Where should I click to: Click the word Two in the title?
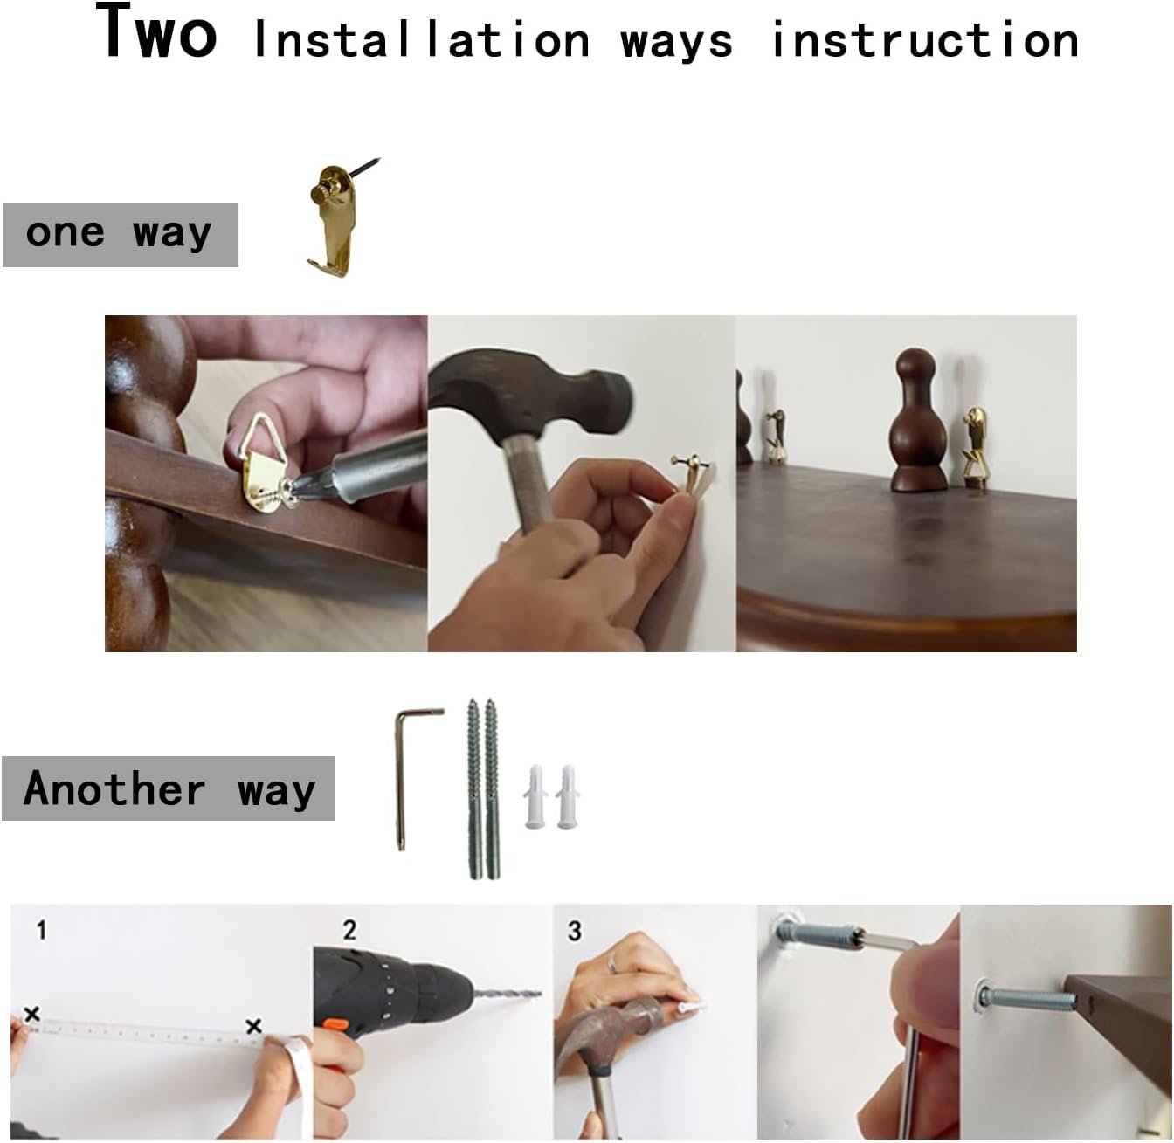point(156,31)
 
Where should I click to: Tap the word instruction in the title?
point(925,39)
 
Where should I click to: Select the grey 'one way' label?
point(120,235)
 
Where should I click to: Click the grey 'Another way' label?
point(169,788)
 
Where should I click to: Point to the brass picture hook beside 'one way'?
point(338,217)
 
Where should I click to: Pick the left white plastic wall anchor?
point(535,797)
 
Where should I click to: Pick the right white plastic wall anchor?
point(567,797)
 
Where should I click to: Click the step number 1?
point(41,931)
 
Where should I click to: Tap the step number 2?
point(349,930)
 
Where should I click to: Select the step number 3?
point(574,932)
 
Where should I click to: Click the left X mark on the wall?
point(32,1014)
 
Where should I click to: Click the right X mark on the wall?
point(254,1026)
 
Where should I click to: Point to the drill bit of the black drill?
point(508,994)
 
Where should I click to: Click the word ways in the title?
point(676,42)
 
